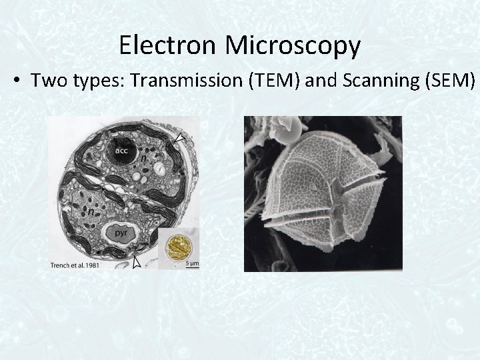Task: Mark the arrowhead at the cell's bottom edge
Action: click(x=137, y=263)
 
